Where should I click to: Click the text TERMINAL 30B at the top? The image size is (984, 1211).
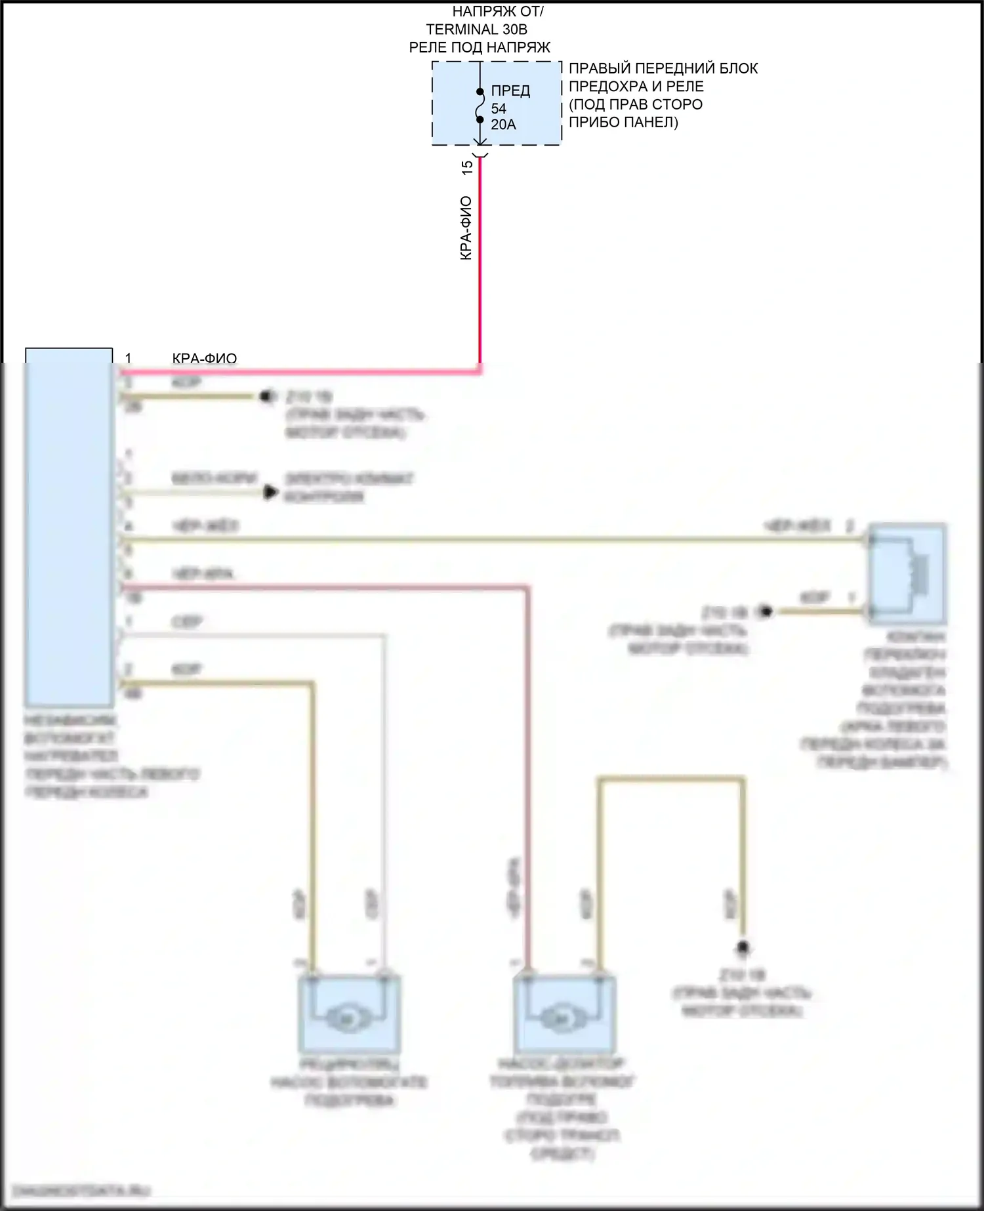[x=476, y=30]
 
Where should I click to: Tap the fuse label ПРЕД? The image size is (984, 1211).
[x=510, y=91]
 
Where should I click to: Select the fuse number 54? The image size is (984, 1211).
[x=499, y=108]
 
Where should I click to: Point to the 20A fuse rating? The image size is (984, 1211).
[x=503, y=125]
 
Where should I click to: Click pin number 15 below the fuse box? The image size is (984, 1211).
[x=467, y=167]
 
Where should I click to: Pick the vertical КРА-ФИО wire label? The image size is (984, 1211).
[x=466, y=228]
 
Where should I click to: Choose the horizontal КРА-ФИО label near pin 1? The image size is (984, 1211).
[x=204, y=358]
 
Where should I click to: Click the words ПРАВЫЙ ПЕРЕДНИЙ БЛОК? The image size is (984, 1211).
[x=663, y=68]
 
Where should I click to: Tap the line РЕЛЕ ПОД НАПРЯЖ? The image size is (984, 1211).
[x=480, y=47]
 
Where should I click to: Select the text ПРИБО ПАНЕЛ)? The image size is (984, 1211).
[x=623, y=122]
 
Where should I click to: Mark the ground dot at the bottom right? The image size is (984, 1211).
[x=743, y=948]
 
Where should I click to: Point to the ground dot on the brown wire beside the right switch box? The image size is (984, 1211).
[x=765, y=612]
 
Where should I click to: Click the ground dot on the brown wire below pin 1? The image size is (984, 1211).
[x=268, y=397]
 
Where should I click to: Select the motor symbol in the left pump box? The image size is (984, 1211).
[x=348, y=1019]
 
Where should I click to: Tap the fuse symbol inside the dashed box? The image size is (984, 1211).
[x=480, y=105]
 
